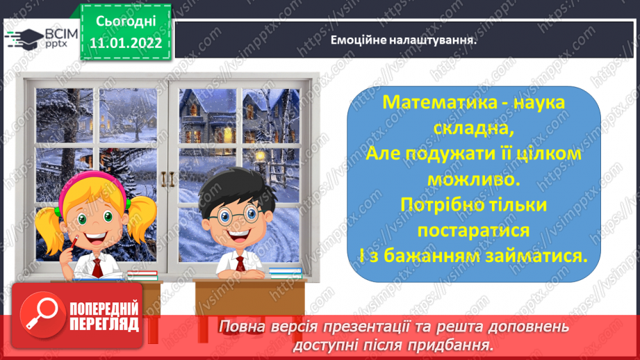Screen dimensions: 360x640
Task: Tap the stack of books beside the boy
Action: (285, 272)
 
